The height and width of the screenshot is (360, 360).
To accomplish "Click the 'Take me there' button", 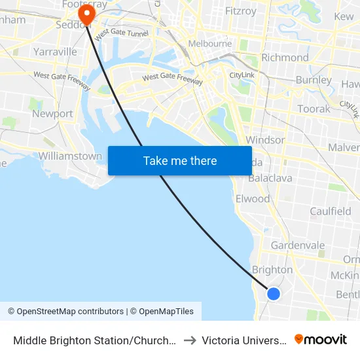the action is [180, 161].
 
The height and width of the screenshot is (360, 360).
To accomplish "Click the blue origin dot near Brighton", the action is [274, 294].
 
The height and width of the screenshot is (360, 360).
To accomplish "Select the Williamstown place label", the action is [70, 156].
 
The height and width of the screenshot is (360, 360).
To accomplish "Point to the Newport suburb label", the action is [52, 114].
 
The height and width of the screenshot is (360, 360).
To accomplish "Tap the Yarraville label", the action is [55, 52].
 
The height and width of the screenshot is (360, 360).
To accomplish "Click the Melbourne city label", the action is [210, 43].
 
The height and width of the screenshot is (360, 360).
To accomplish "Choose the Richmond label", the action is [285, 58].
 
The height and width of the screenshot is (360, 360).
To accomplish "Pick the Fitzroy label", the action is [242, 11].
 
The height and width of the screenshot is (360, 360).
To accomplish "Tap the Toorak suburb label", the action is [314, 109].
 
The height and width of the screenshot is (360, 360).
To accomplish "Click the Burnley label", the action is [314, 80].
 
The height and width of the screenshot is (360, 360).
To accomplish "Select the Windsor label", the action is [265, 140].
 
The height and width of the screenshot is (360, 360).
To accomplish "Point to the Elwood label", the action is [253, 198].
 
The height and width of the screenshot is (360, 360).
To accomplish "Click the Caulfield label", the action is [331, 211].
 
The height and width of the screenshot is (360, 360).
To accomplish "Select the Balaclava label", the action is [270, 178].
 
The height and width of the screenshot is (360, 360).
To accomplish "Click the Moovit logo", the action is [320, 339].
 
